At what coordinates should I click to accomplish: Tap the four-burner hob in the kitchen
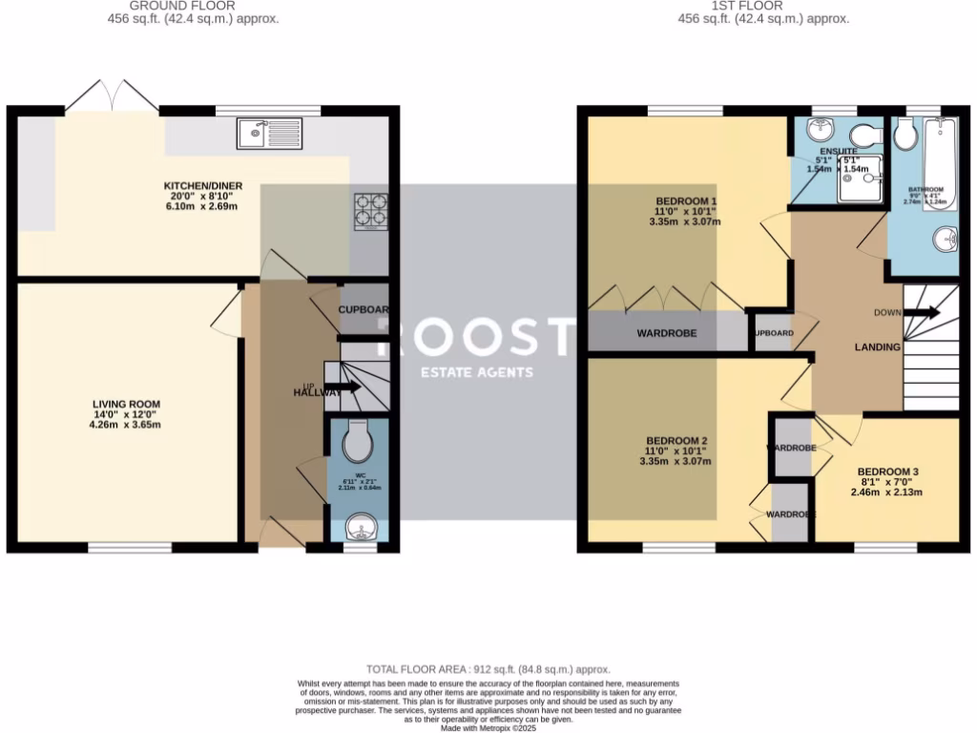(x=371, y=212)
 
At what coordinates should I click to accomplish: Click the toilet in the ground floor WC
(x=359, y=441)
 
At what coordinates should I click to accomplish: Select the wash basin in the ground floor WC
(x=359, y=526)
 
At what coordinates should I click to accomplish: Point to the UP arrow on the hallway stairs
(x=343, y=387)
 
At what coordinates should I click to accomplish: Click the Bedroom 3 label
(x=887, y=471)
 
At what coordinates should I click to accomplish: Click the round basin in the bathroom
(x=946, y=240)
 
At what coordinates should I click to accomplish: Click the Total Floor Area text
(x=488, y=670)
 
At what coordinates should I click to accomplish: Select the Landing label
(x=877, y=347)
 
